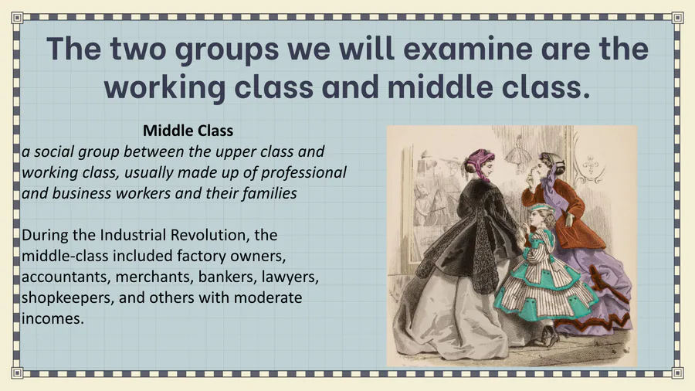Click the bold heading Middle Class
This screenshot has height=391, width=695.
tap(188, 131)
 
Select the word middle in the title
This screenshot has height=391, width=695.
tap(439, 86)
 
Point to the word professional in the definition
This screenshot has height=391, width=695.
tap(303, 173)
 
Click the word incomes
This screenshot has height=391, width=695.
tap(53, 318)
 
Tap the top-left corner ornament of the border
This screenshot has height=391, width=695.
tap(17, 18)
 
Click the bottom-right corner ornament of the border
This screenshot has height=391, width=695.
tap(677, 372)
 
